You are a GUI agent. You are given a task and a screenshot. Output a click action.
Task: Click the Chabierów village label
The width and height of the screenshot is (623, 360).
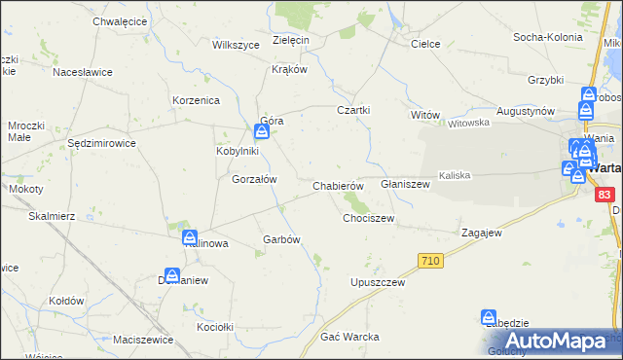point(338,186)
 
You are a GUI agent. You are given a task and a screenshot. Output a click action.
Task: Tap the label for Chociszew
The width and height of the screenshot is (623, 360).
point(368,219)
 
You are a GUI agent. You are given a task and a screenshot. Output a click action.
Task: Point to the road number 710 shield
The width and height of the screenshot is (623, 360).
point(431,260)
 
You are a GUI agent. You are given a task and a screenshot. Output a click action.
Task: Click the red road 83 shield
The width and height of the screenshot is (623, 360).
point(605,195)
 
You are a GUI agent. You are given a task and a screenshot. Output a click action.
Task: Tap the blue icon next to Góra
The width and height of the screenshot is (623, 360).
point(263,130)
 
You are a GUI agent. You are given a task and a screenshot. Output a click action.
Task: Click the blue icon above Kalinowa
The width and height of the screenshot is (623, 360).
point(189,236)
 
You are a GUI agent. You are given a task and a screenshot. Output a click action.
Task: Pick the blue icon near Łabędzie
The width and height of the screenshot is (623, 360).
point(489,317)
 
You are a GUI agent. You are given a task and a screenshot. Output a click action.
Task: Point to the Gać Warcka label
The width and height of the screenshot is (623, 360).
point(349,337)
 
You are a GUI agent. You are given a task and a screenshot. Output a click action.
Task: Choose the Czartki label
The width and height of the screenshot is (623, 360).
point(353,110)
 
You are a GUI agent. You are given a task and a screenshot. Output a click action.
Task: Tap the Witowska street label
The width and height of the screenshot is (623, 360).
point(467,124)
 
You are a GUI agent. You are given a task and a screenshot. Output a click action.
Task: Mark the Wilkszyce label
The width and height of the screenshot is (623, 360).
point(235,45)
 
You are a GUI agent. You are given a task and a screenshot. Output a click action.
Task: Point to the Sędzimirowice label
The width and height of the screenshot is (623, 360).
point(101,143)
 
